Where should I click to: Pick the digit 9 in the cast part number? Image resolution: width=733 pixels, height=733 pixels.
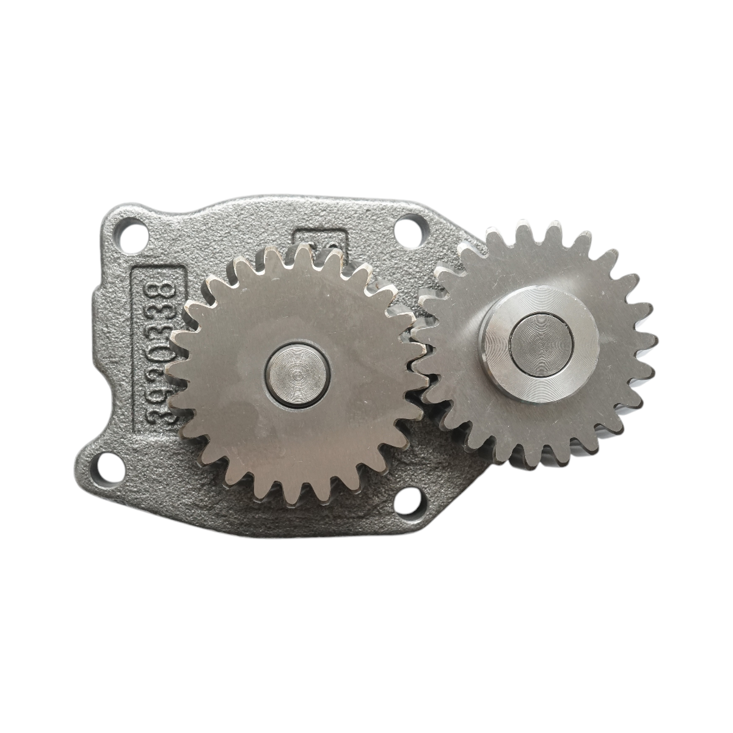pos(159,396)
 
